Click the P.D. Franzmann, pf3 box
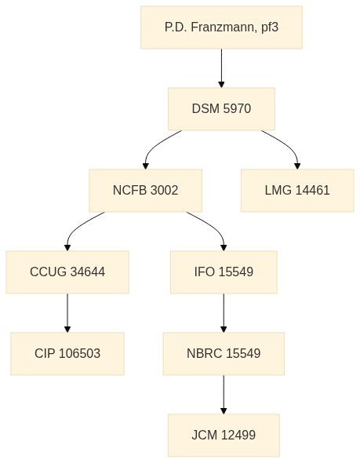click(221, 27)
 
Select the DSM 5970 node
click(221, 108)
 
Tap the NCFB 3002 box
click(145, 191)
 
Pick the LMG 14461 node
click(297, 191)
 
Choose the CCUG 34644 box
click(67, 272)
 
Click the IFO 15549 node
click(224, 272)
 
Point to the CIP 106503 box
click(67, 353)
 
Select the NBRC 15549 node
click(224, 353)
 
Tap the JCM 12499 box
click(224, 435)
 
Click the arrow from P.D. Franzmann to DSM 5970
click(221, 68)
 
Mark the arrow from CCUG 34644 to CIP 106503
click(67, 313)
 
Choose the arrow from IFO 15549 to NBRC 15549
click(224, 313)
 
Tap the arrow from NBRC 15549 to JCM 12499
click(224, 395)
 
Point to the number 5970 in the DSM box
click(237, 108)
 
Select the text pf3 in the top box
click(270, 27)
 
